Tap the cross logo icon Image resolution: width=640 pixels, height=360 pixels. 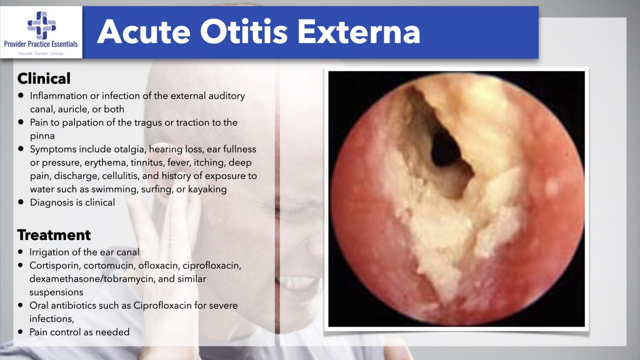coord(42,25)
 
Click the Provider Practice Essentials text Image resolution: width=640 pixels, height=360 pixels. coord(41,44)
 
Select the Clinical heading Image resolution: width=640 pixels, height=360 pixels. coord(44,78)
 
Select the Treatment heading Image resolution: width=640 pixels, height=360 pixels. coord(54,235)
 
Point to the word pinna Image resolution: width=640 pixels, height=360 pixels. coord(42,136)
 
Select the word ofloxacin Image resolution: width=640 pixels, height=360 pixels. coord(158,265)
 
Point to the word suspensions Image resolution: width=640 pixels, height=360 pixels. coord(56,292)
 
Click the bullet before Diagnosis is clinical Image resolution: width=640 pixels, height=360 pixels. coord(20,202)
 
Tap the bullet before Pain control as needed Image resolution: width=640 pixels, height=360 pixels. coord(20,332)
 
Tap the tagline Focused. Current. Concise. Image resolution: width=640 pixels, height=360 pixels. coord(41,53)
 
